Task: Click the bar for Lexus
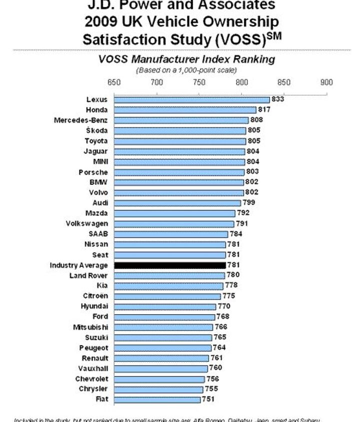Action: pyautogui.click(x=192, y=100)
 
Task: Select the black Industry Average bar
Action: pyautogui.click(x=170, y=265)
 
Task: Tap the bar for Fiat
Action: pyautogui.click(x=157, y=400)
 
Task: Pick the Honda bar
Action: pyautogui.click(x=185, y=110)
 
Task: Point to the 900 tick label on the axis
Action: pyautogui.click(x=326, y=82)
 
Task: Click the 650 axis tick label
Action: pyautogui.click(x=114, y=82)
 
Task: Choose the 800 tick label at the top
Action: pyautogui.click(x=242, y=82)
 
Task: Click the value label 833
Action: pyautogui.click(x=278, y=99)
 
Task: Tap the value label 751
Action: pyautogui.click(x=208, y=400)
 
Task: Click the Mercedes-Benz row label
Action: pyautogui.click(x=80, y=120)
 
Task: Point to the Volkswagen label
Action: pyautogui.click(x=86, y=224)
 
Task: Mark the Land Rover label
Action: pyautogui.click(x=88, y=275)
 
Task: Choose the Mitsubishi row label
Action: pyautogui.click(x=90, y=327)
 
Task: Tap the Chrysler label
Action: pyautogui.click(x=93, y=389)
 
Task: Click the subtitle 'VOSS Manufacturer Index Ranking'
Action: pyautogui.click(x=186, y=59)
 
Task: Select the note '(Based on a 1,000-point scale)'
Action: pyautogui.click(x=186, y=70)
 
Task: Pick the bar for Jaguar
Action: pyautogui.click(x=179, y=151)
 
